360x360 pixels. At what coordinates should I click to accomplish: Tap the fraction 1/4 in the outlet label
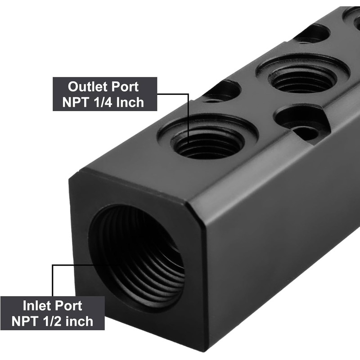[103, 102]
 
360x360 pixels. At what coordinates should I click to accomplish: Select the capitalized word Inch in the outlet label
[130, 102]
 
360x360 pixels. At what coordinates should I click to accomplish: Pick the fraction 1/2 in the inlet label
[52, 321]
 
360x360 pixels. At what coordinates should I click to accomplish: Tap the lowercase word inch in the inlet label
[80, 321]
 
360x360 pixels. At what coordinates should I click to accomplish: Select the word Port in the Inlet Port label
[68, 306]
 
